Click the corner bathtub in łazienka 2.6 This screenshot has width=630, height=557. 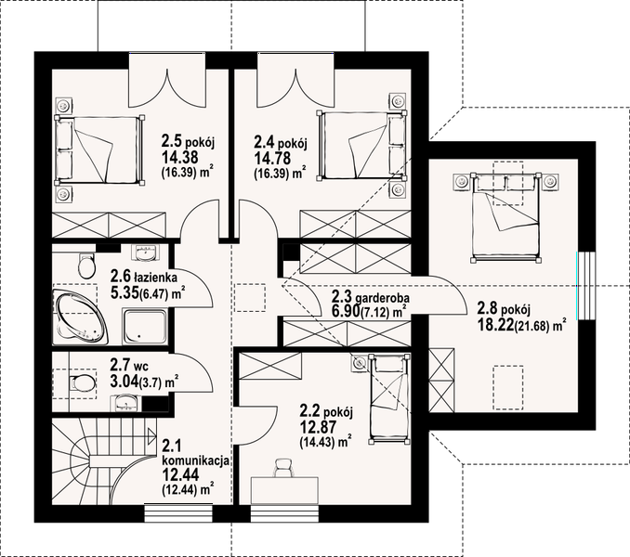pyautogui.click(x=80, y=317)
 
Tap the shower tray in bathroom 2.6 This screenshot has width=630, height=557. pyautogui.click(x=145, y=326)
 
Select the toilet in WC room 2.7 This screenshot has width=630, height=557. pyautogui.click(x=82, y=383)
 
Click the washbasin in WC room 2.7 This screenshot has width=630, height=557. pyautogui.click(x=127, y=403)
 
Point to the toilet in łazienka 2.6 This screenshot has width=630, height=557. pyautogui.click(x=86, y=266)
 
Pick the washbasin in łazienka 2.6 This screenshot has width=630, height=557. pyautogui.click(x=145, y=253)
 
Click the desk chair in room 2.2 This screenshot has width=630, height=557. pyautogui.click(x=283, y=469)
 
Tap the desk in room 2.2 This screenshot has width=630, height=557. pyautogui.click(x=284, y=490)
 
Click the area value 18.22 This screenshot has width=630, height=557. pyautogui.click(x=495, y=325)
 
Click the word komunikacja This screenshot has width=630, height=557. pyautogui.click(x=196, y=460)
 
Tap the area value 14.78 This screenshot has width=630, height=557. pyautogui.click(x=272, y=158)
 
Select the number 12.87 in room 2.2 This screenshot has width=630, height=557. pyautogui.click(x=318, y=427)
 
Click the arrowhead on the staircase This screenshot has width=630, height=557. pyautogui.click(x=151, y=435)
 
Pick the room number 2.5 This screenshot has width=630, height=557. pyautogui.click(x=171, y=141)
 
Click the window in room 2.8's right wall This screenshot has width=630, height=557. pyautogui.click(x=585, y=285)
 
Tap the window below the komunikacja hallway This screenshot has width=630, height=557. pyautogui.click(x=178, y=512)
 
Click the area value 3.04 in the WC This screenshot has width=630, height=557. pyautogui.click(x=125, y=380)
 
